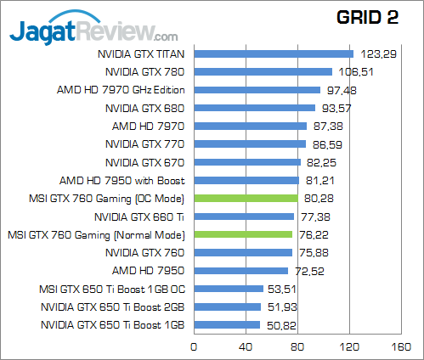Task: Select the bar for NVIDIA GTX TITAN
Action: click(x=274, y=53)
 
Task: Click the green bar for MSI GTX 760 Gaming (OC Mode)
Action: click(x=246, y=198)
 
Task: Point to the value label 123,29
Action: click(x=377, y=53)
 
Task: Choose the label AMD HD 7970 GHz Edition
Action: click(x=122, y=90)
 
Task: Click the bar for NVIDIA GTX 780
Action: click(x=263, y=72)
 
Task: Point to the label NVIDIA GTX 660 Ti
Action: click(x=139, y=217)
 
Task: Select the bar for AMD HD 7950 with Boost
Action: click(x=246, y=180)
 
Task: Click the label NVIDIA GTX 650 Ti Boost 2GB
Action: click(x=114, y=307)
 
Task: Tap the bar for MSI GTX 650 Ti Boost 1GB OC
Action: click(x=229, y=289)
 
